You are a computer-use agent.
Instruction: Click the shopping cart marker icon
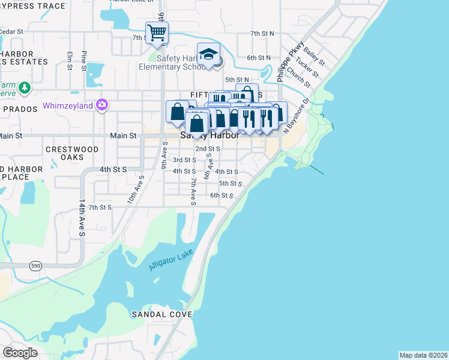click(157, 32)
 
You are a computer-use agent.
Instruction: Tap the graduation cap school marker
click(208, 55)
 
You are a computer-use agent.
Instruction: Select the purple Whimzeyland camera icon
click(101, 105)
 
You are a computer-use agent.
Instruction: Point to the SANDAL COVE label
click(163, 314)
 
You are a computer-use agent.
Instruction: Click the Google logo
click(20, 353)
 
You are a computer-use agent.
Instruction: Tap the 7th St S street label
click(100, 207)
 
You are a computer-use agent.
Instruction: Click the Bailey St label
click(313, 58)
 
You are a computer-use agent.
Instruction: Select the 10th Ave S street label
click(134, 191)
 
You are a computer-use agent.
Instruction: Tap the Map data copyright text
click(423, 355)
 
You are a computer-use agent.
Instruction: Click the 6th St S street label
click(221, 196)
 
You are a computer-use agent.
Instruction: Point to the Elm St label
click(70, 60)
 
